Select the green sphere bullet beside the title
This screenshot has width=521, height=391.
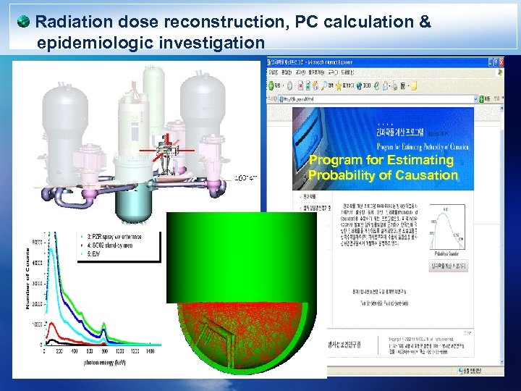pyautogui.click(x=25, y=21)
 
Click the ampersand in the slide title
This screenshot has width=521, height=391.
pyautogui.click(x=424, y=22)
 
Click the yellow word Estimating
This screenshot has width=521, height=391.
pyautogui.click(x=420, y=160)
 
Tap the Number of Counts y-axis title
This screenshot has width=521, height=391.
pyautogui.click(x=29, y=279)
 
